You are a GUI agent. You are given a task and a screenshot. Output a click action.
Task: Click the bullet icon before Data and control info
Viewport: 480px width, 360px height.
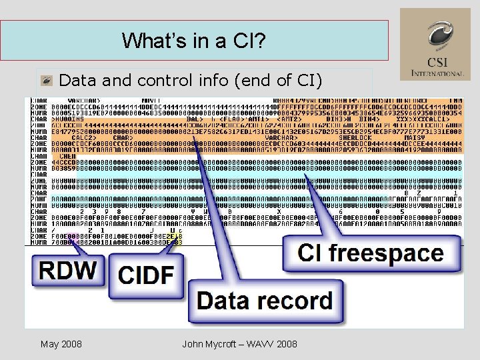click(x=46, y=81)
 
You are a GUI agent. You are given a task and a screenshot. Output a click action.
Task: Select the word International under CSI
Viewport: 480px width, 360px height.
click(x=437, y=73)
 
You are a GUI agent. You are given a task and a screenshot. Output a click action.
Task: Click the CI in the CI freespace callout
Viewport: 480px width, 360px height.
click(x=312, y=253)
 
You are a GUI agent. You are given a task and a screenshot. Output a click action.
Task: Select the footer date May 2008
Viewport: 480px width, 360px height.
click(x=61, y=344)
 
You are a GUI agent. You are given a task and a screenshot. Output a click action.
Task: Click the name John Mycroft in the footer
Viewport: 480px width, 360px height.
click(x=213, y=344)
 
